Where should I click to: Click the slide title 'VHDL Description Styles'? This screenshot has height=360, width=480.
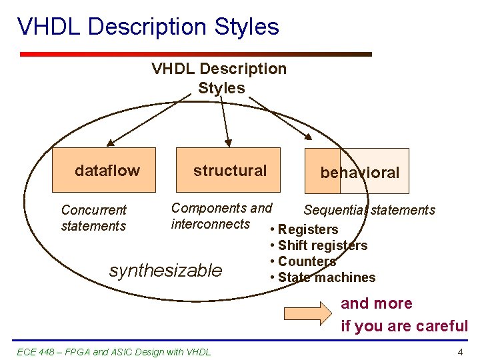[148, 27]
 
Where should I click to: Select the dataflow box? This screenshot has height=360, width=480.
[104, 170]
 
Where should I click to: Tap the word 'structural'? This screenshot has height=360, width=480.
[229, 171]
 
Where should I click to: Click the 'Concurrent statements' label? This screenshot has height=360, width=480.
[93, 218]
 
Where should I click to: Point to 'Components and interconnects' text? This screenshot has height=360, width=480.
[221, 216]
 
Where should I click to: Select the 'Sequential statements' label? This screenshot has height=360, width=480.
[369, 211]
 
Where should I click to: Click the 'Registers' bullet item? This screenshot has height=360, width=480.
[308, 229]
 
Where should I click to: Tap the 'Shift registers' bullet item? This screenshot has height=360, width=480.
[323, 245]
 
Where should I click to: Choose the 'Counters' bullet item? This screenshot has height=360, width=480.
[307, 261]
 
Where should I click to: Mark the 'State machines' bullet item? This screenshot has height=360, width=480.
[327, 277]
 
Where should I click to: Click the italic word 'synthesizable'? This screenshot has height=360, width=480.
[165, 270]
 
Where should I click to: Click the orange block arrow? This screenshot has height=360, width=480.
[307, 313]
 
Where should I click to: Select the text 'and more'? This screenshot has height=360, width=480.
[377, 304]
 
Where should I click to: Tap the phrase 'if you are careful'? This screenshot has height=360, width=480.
[404, 326]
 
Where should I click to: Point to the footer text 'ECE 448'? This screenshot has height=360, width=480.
[33, 351]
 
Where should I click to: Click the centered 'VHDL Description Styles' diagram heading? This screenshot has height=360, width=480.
[219, 78]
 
